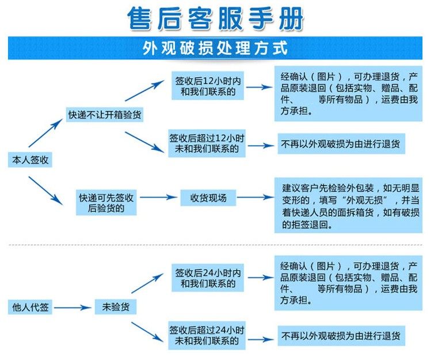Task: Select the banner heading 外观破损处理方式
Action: [215, 48]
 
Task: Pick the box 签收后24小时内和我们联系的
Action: [208, 278]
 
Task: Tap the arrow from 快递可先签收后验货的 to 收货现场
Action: [159, 198]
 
